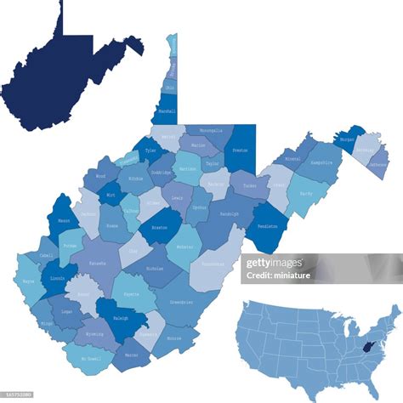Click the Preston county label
pos(240,150)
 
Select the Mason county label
pos(63,221)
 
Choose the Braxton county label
pos(159,227)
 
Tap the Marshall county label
pos(167,111)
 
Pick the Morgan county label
pos(347,138)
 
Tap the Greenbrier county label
pos(180,301)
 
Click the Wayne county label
pos(28,279)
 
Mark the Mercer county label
pos(132,354)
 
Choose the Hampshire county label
pos(321,162)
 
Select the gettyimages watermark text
pos(274,263)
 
